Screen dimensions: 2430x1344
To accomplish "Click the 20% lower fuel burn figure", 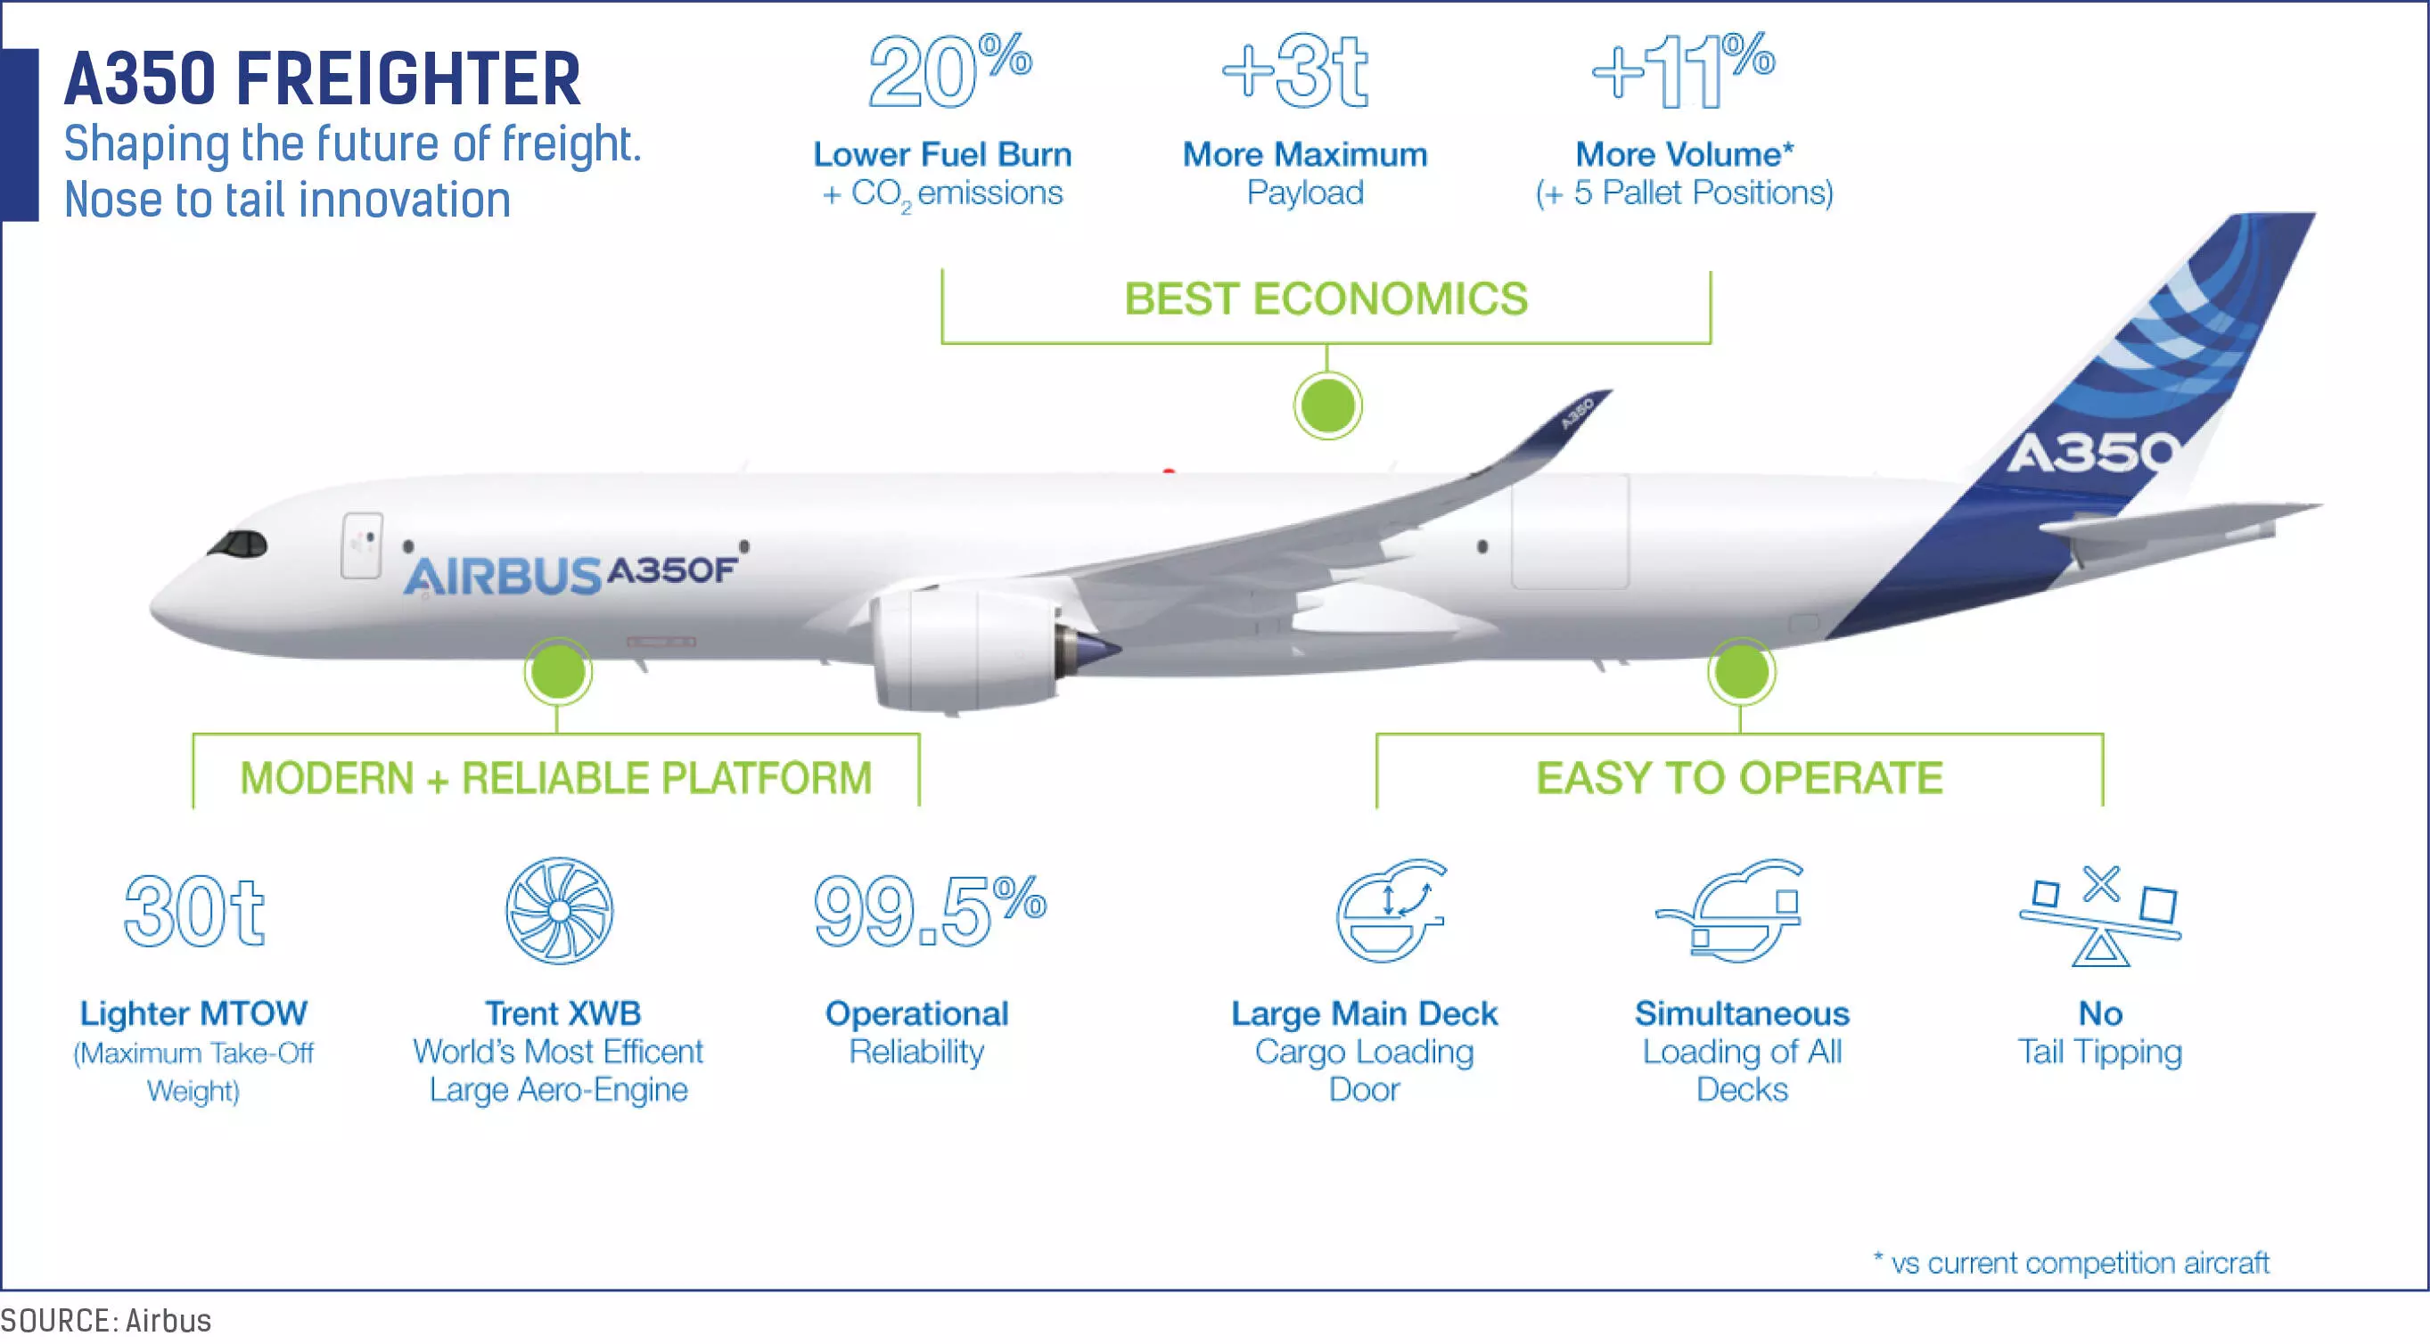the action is click(x=950, y=70).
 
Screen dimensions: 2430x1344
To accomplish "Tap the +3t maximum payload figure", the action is click(x=1294, y=71).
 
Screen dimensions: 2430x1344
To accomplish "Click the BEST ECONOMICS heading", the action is click(x=1326, y=299).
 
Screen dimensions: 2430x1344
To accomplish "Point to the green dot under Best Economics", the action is click(x=1327, y=406).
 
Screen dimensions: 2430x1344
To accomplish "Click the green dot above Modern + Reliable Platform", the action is click(x=558, y=671).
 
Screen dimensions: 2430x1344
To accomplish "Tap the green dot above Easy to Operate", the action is click(x=1741, y=671).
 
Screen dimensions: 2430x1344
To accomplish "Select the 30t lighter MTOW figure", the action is click(x=194, y=911).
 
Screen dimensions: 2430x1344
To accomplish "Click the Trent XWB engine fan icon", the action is click(x=560, y=910).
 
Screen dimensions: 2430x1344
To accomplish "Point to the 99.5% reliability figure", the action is click(x=930, y=910).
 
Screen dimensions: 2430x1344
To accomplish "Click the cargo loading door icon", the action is click(x=1391, y=910).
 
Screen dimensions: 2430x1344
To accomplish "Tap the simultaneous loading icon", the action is click(x=1730, y=910).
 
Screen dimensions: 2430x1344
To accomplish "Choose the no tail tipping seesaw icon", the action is click(x=2101, y=914).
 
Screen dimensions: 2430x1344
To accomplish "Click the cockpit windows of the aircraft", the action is click(x=238, y=545).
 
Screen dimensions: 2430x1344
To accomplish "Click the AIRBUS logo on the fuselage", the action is click(x=503, y=577).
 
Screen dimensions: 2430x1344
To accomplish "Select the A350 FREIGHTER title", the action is click(x=323, y=78).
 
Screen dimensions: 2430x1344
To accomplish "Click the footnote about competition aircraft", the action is click(x=2072, y=1262).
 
